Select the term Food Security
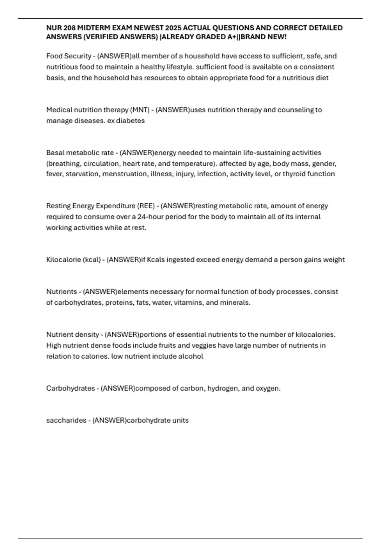tap(69, 56)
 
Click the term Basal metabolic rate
tap(80, 153)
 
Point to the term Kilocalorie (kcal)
tap(73, 260)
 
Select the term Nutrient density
tap(72, 334)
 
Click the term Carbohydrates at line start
tap(70, 388)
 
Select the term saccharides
tap(66, 420)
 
